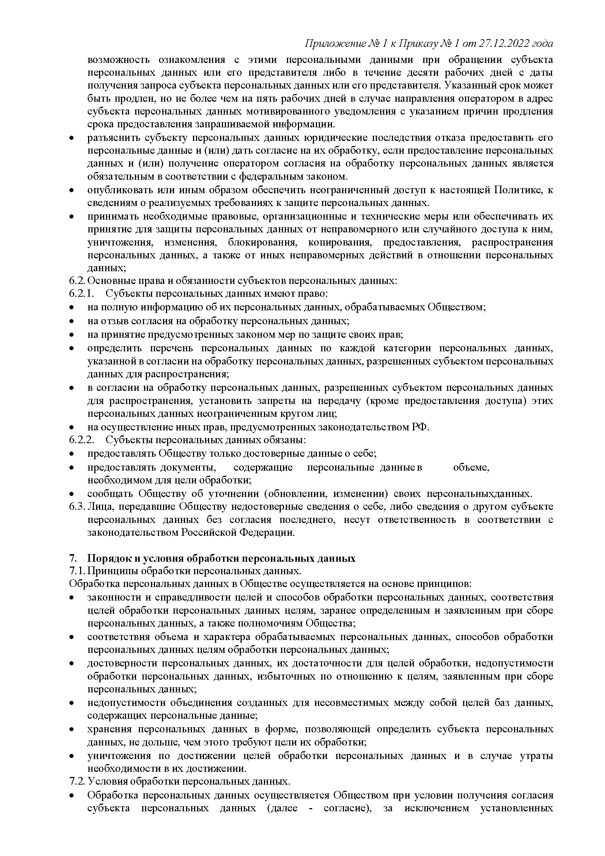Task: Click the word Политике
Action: (518, 190)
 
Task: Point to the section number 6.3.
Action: (77, 507)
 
